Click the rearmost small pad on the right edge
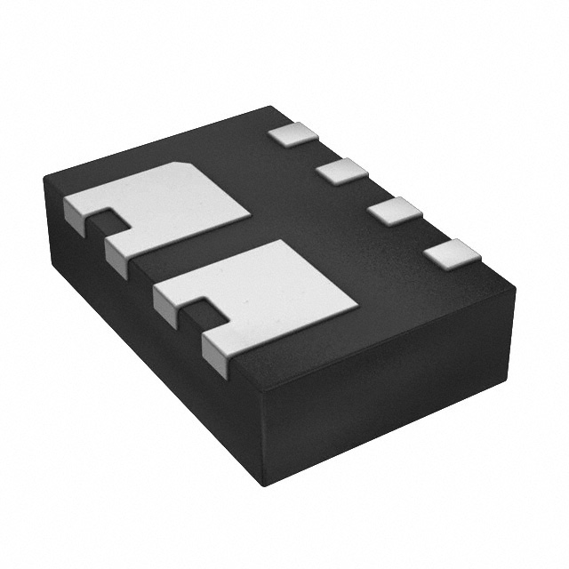pyautogui.click(x=293, y=134)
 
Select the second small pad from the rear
pyautogui.click(x=341, y=171)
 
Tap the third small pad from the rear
pyautogui.click(x=395, y=212)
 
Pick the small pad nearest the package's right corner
pyautogui.click(x=452, y=254)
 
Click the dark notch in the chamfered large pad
pyautogui.click(x=108, y=218)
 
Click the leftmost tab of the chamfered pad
pyautogui.click(x=76, y=213)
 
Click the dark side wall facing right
pyautogui.click(x=391, y=391)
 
